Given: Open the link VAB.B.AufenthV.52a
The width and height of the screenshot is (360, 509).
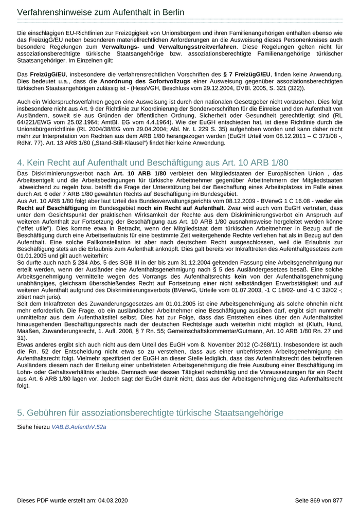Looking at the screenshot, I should tap(79, 427).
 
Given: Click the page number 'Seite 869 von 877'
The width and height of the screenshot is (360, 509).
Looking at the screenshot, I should tap(318, 500).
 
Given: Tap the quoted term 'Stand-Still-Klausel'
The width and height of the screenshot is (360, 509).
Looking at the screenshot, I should tap(141, 142).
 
